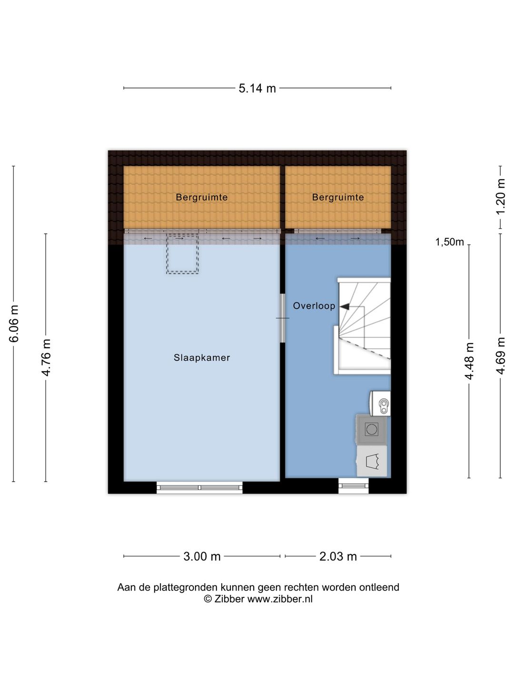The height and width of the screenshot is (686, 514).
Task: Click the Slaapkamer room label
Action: (x=202, y=358)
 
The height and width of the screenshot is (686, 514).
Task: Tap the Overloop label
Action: (x=314, y=306)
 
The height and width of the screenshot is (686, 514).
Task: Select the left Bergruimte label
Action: (x=202, y=197)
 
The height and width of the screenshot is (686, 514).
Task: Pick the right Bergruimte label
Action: (x=338, y=197)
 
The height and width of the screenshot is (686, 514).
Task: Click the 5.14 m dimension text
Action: (x=257, y=89)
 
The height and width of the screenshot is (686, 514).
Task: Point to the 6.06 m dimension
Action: (x=14, y=323)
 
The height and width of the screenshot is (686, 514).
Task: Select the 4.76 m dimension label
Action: (x=46, y=358)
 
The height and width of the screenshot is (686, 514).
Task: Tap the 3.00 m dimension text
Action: (x=202, y=556)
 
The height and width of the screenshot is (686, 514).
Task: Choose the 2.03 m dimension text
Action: (x=338, y=556)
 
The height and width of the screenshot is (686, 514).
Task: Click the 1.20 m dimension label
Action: (x=501, y=196)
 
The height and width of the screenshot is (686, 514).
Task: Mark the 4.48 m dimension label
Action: (x=469, y=361)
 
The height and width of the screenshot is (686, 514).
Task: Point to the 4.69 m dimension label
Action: (x=501, y=356)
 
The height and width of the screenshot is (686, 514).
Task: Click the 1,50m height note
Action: (x=449, y=242)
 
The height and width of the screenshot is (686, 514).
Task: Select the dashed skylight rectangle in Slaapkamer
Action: (x=182, y=254)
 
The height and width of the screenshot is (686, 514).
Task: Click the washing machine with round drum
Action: (x=372, y=429)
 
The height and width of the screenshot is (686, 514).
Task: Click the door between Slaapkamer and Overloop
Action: (x=282, y=318)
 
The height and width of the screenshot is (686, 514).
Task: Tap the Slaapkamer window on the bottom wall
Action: (x=199, y=487)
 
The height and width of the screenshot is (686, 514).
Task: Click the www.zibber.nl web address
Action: (x=280, y=599)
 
